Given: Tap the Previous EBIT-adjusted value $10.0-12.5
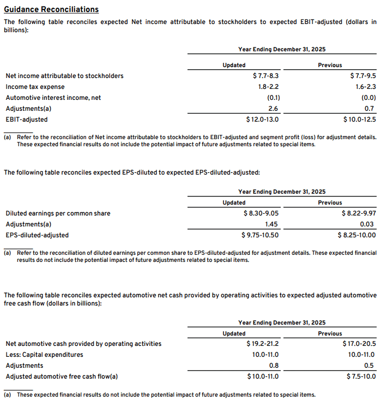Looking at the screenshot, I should click(x=360, y=119).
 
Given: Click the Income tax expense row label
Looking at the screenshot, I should click(x=35, y=87).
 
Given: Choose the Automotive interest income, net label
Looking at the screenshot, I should click(x=53, y=98).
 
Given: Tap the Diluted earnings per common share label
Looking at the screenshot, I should click(x=58, y=213).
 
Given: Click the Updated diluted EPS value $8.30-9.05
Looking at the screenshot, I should click(x=261, y=213).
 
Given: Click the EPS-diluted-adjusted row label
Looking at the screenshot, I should click(x=37, y=235).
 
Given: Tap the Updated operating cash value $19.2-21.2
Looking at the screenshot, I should click(x=263, y=344).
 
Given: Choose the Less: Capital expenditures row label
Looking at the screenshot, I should click(x=44, y=355).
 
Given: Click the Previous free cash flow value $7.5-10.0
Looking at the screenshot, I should click(x=361, y=376).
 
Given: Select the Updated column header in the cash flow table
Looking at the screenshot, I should click(x=234, y=333).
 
